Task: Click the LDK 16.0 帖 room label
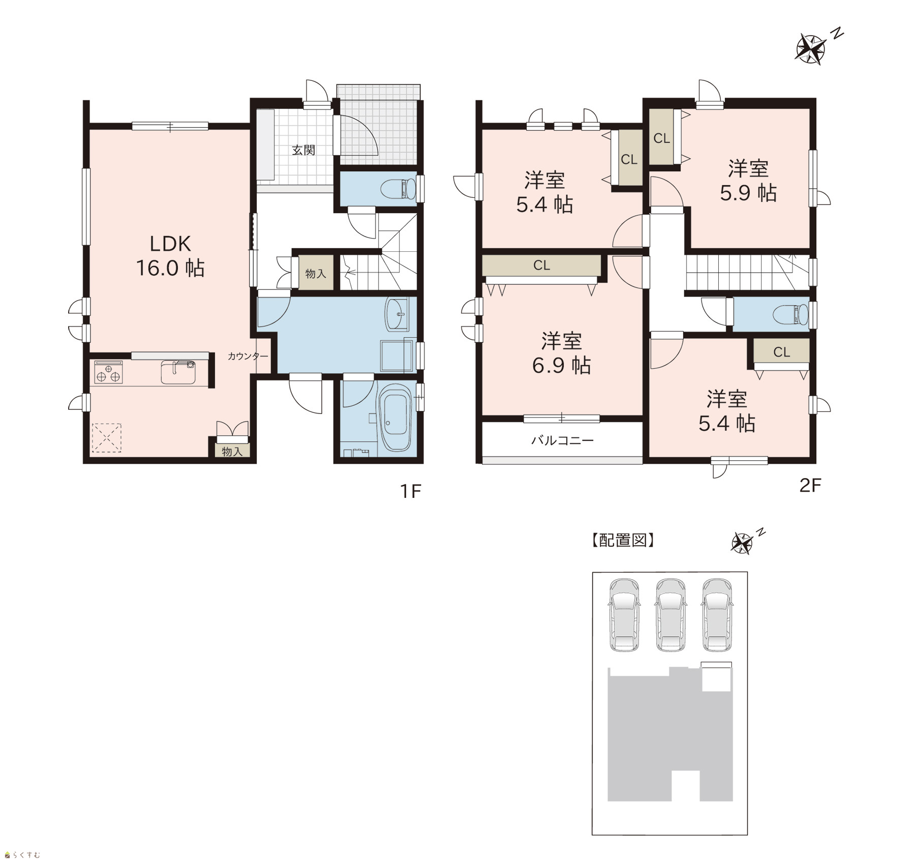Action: click(x=170, y=256)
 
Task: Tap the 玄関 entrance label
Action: click(x=303, y=150)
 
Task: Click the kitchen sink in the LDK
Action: click(x=178, y=372)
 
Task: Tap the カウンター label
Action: click(x=248, y=356)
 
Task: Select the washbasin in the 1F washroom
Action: click(x=397, y=314)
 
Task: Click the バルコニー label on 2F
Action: click(x=562, y=440)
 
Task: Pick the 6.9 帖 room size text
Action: click(x=561, y=365)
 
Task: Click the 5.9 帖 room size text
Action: click(x=748, y=193)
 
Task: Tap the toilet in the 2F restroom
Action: click(x=791, y=314)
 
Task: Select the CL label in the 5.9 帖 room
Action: click(x=661, y=138)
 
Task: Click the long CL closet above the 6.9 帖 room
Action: click(x=541, y=265)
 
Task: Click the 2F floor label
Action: click(x=810, y=485)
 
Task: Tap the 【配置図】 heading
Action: click(x=623, y=540)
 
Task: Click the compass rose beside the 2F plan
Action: click(x=810, y=49)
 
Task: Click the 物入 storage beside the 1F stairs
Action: click(x=316, y=273)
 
